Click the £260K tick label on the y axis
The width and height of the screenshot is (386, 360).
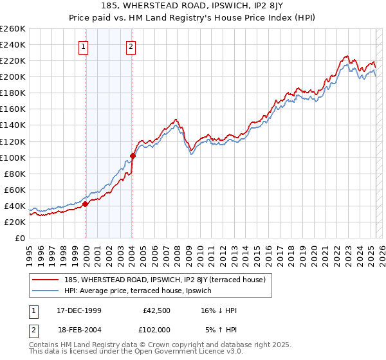[12, 29]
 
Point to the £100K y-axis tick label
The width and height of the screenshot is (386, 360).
[12, 157]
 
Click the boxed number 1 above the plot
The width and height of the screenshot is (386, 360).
[85, 46]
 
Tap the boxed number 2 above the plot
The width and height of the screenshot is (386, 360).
[131, 46]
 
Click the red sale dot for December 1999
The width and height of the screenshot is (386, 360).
[85, 204]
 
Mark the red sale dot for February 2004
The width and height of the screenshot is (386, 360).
[133, 156]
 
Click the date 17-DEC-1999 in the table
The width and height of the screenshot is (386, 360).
[79, 310]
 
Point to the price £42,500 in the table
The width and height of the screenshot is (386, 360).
[157, 310]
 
